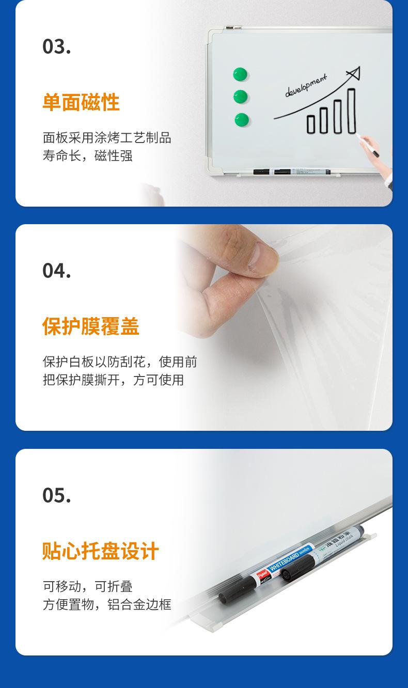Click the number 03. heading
click(57, 46)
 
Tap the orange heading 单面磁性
click(81, 102)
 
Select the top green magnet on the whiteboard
click(240, 74)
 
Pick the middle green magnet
click(240, 97)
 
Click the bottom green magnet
click(241, 120)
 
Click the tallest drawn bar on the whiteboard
click(351, 111)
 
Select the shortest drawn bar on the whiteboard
click(311, 124)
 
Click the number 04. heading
click(57, 271)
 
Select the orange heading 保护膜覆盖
click(91, 327)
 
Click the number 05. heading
click(57, 495)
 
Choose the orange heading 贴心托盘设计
click(101, 551)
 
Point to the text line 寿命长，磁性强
click(88, 155)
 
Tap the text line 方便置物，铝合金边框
click(107, 604)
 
